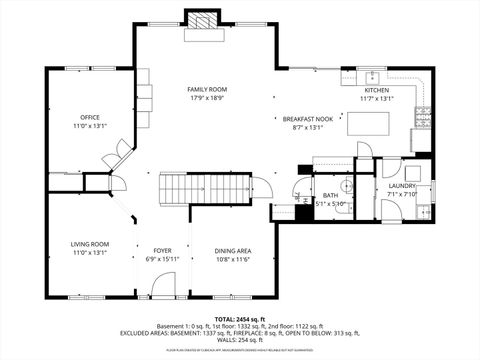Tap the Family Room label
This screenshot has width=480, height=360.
(204, 90)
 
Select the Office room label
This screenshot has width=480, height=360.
(88, 117)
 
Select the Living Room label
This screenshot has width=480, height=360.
(89, 243)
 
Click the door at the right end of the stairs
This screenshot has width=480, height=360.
(262, 187)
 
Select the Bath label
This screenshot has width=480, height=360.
(330, 194)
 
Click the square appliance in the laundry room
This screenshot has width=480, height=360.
(425, 213)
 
